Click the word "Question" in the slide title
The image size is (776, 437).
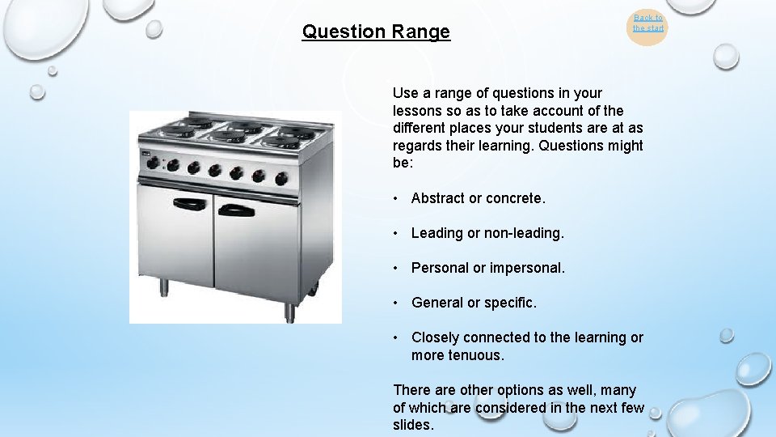point(344,32)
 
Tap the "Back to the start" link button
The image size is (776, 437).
point(647,23)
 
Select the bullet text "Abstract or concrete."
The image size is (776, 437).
point(479,198)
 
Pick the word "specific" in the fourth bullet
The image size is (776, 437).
point(509,303)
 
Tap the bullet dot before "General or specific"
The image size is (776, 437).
point(397,303)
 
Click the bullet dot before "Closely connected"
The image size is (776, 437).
point(397,337)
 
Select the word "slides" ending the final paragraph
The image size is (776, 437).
point(413,425)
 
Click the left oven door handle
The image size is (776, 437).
point(189,204)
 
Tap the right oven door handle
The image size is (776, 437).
point(236,210)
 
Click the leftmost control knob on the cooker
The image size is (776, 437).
point(152,163)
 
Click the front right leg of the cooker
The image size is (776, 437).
point(289,312)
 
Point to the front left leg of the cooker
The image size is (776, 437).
point(164,288)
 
